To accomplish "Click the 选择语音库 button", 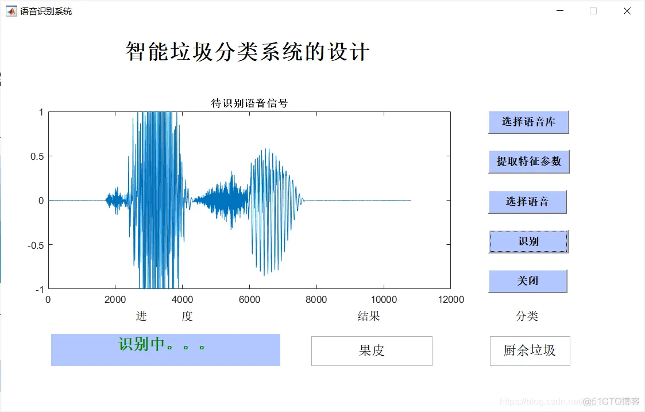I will click(x=528, y=122).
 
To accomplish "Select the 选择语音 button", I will click(x=527, y=202).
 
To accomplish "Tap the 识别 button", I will click(x=528, y=241).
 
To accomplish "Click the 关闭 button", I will click(x=527, y=281).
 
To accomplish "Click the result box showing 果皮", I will click(x=372, y=351).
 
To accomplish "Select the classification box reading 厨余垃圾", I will click(x=530, y=351).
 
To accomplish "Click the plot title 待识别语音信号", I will click(x=249, y=103).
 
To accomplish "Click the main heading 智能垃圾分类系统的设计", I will click(x=248, y=52).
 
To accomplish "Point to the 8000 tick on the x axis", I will click(x=316, y=299).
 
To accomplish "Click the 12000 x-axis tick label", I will click(x=450, y=299).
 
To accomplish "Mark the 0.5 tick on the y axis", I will click(x=37, y=156).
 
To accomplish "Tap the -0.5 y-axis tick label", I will click(x=36, y=245).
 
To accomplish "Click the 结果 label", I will click(x=369, y=316).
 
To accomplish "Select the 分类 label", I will click(x=527, y=316).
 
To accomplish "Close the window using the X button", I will click(x=627, y=11).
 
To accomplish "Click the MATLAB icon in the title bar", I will click(x=11, y=11).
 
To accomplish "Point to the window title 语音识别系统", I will click(x=46, y=11).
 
